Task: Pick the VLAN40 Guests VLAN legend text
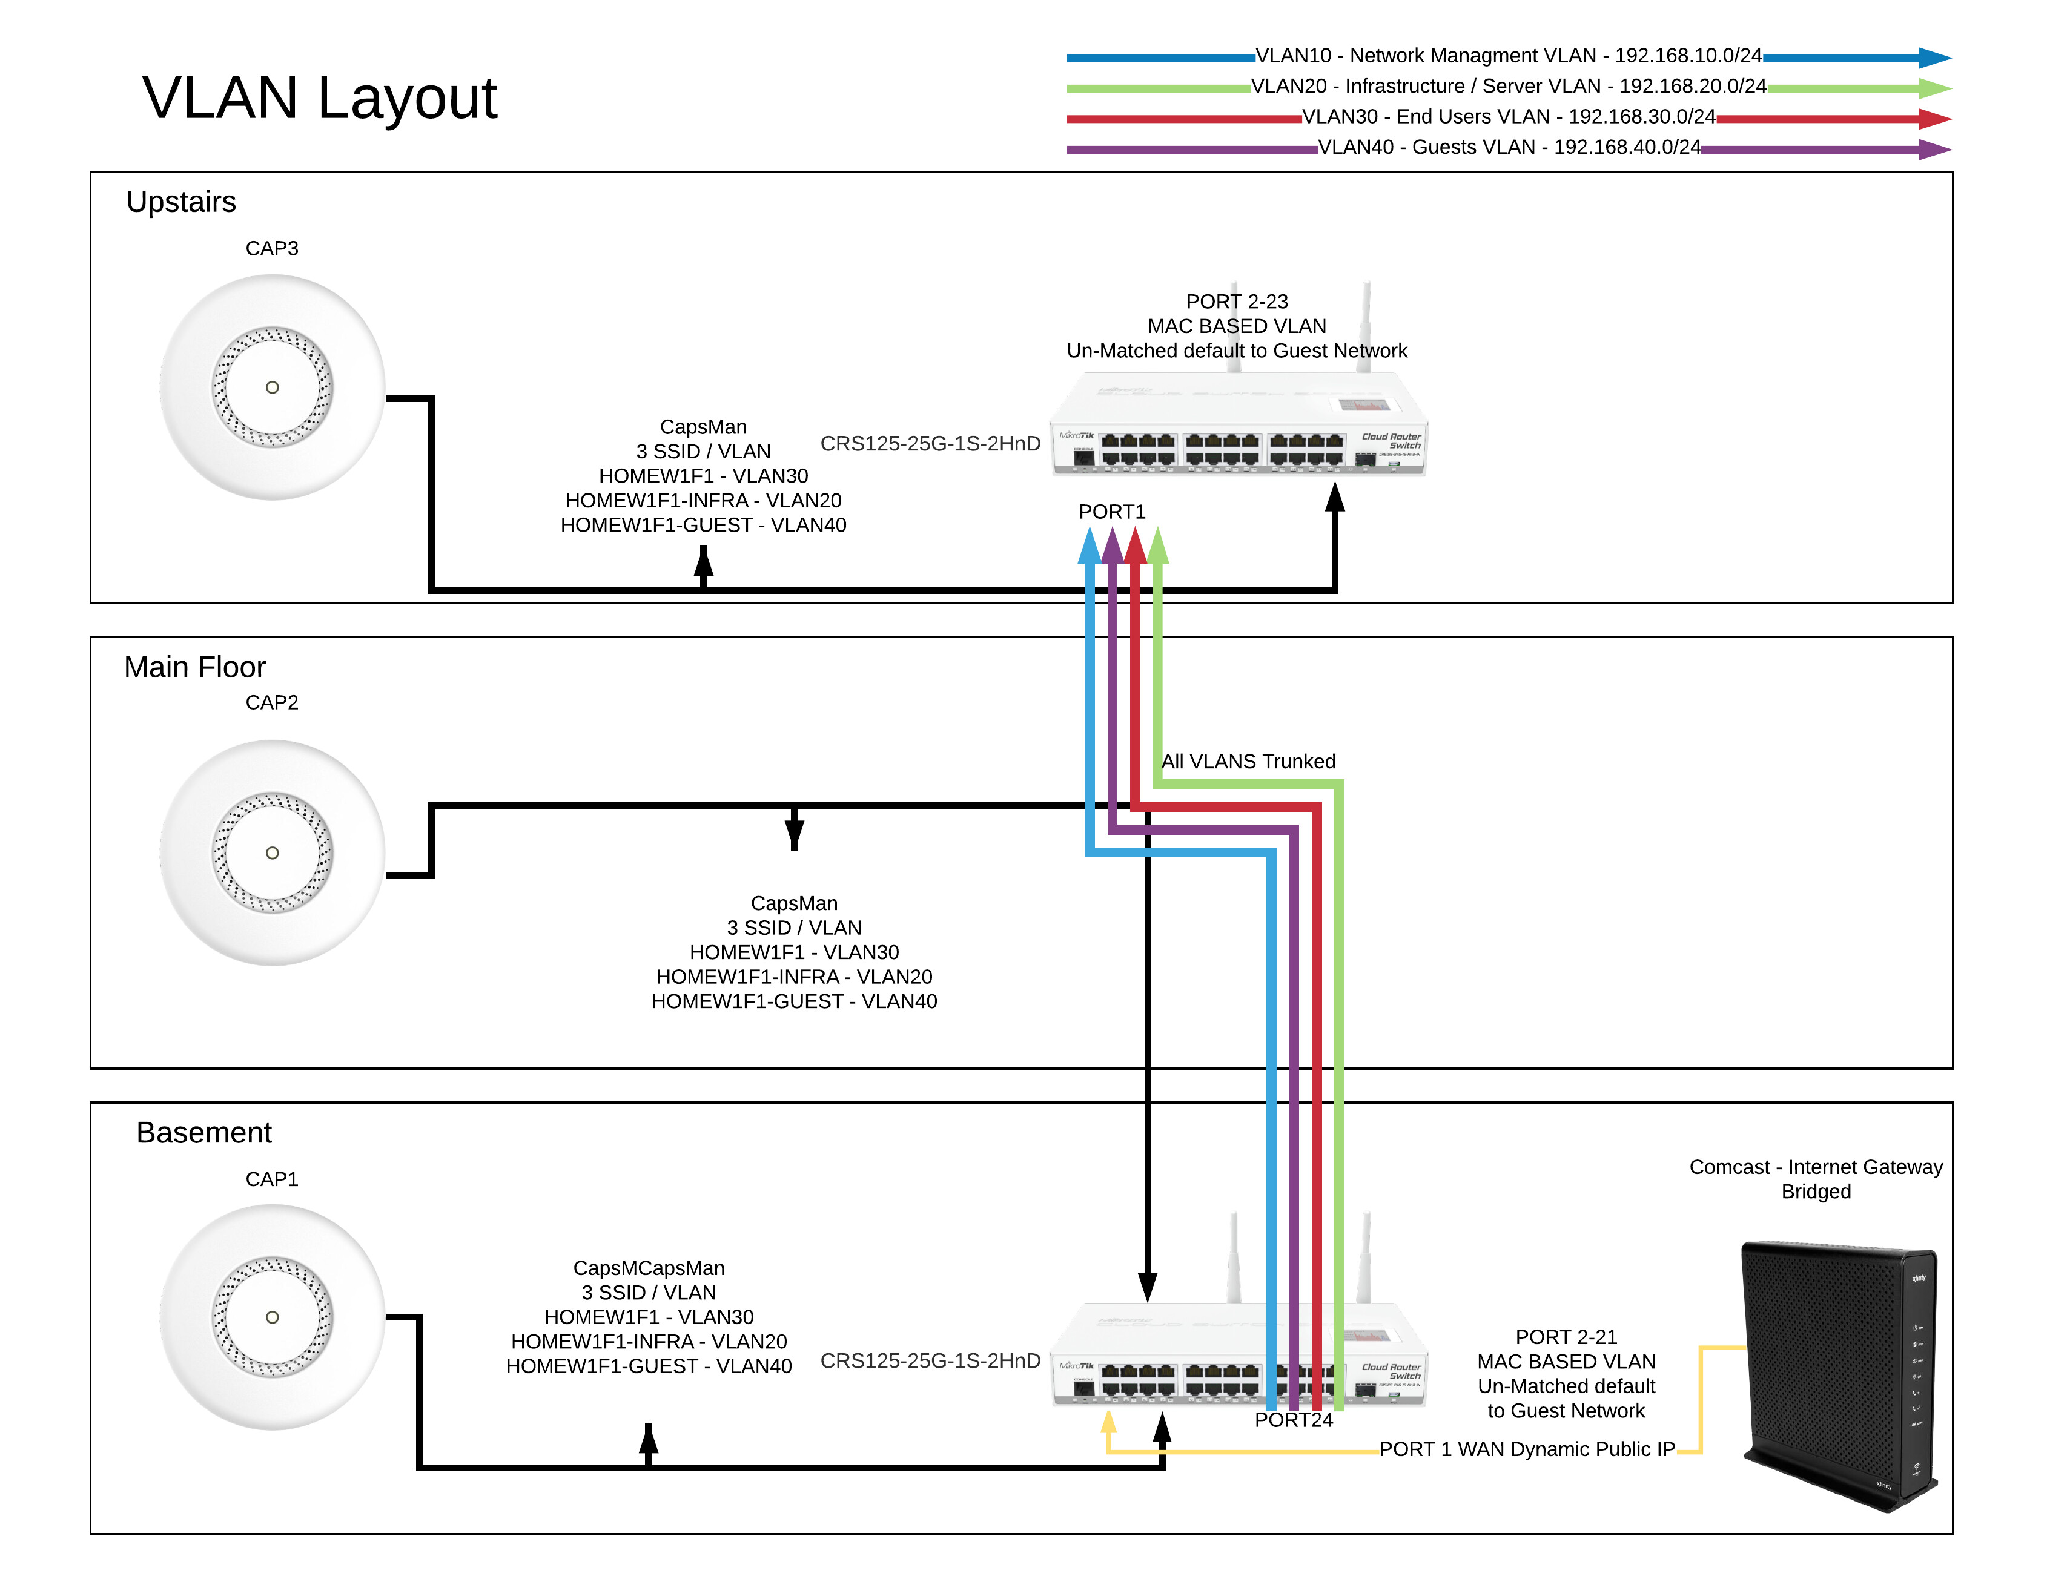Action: pyautogui.click(x=1508, y=148)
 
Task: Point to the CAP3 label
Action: pyautogui.click(x=272, y=248)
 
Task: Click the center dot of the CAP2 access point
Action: pyautogui.click(x=272, y=852)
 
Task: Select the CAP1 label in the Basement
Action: pyautogui.click(x=272, y=1179)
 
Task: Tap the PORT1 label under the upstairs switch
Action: pyautogui.click(x=1111, y=511)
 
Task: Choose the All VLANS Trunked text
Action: pyautogui.click(x=1248, y=761)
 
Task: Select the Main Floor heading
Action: pyautogui.click(x=194, y=667)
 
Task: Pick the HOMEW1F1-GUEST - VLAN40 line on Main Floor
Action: pyautogui.click(x=793, y=1001)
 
